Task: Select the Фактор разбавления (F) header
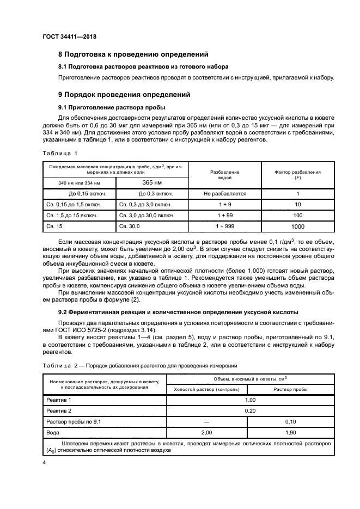pos(297,175)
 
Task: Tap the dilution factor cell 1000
pos(297,226)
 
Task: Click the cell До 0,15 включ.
pos(76,193)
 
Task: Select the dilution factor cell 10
pos(297,205)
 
